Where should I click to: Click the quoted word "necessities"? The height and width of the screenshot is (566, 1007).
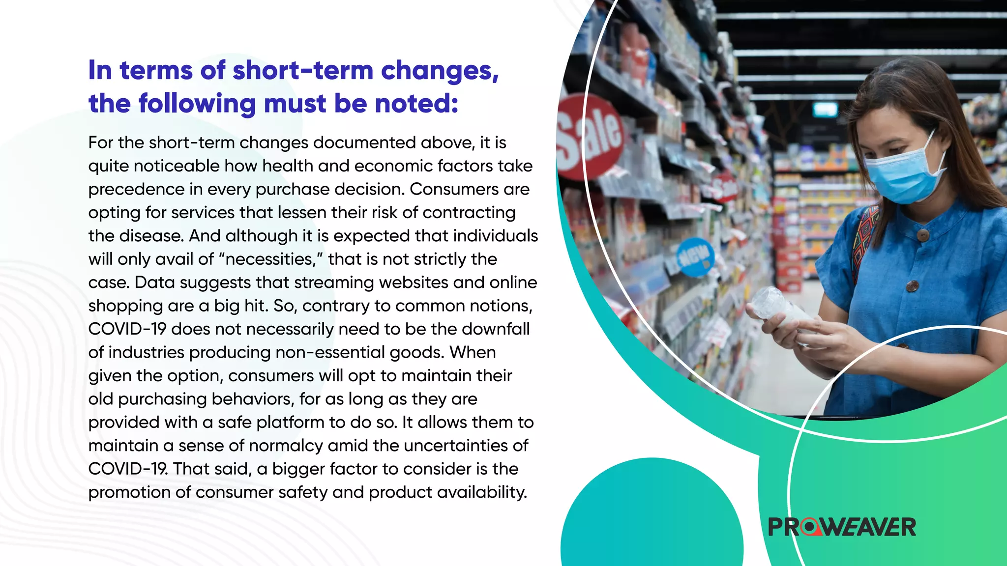pos(270,259)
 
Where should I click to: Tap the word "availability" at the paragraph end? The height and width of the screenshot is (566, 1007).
pos(481,492)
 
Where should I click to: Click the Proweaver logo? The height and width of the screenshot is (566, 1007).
pos(842,527)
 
